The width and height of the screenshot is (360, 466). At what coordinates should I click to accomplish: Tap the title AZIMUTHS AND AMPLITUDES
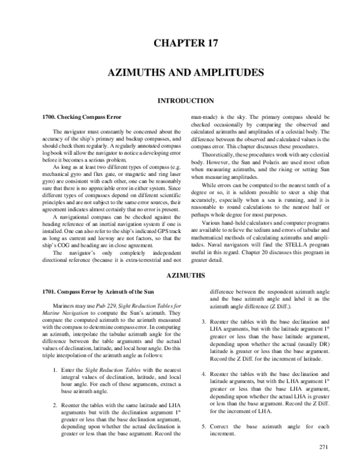(x=185, y=72)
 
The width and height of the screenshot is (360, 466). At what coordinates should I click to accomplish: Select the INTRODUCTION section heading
(x=185, y=100)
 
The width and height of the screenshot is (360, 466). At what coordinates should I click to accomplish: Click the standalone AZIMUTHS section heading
(x=185, y=276)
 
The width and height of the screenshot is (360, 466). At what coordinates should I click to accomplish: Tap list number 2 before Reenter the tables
(x=56, y=389)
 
